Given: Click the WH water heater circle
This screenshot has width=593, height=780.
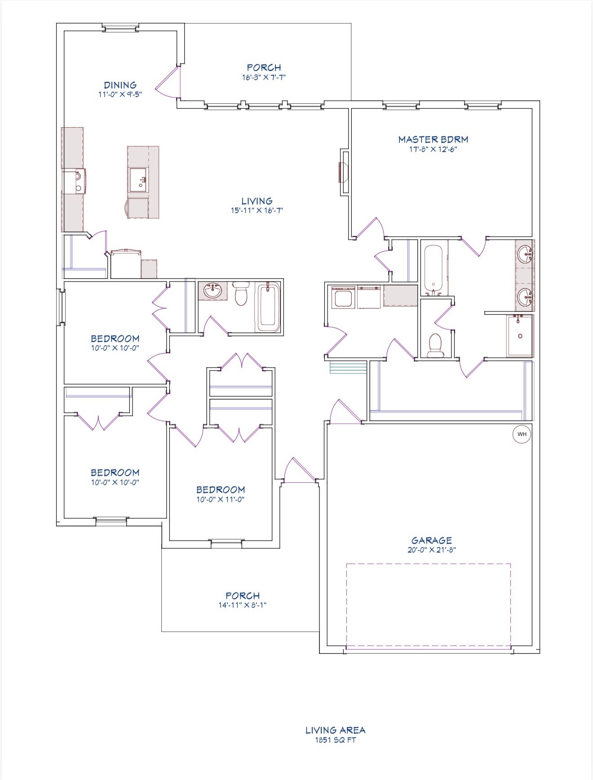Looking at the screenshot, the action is [x=522, y=434].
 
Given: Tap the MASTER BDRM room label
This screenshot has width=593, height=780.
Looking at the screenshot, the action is [x=433, y=139].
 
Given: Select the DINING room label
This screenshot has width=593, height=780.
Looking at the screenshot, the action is [x=120, y=85].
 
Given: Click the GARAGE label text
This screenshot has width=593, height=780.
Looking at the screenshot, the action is [x=432, y=540].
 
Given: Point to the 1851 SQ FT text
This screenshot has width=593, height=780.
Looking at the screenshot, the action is [x=335, y=740].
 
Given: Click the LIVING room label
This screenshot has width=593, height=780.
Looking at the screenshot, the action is [x=257, y=201].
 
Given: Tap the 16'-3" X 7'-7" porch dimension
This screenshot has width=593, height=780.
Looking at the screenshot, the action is [x=264, y=77].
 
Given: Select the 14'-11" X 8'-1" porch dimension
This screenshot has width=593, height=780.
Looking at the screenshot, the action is [x=243, y=605].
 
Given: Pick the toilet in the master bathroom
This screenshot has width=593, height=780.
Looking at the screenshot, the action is [x=435, y=346].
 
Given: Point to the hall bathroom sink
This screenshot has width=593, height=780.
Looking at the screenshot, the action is [x=213, y=291].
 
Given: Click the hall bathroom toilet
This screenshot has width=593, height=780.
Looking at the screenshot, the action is [x=241, y=294].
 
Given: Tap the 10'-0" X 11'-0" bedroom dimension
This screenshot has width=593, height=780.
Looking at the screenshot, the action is [x=220, y=499].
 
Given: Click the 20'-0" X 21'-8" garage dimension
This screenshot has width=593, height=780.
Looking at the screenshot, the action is [x=432, y=550].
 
